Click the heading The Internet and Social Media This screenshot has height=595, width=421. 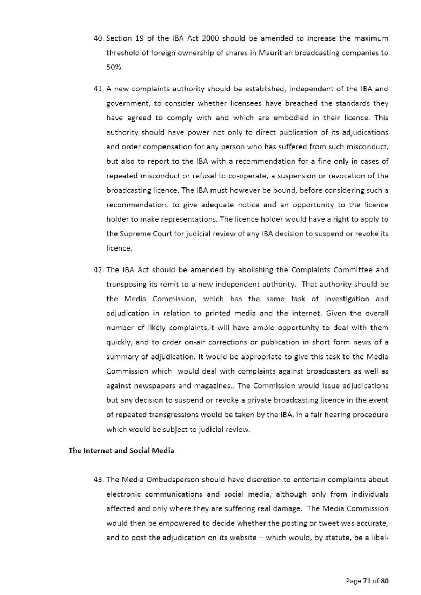coord(121,451)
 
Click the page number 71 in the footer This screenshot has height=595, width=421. coord(367,581)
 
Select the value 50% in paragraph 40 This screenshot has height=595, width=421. coord(114,68)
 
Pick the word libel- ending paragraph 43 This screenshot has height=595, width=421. coord(379,538)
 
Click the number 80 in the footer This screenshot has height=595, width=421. coord(385,581)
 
